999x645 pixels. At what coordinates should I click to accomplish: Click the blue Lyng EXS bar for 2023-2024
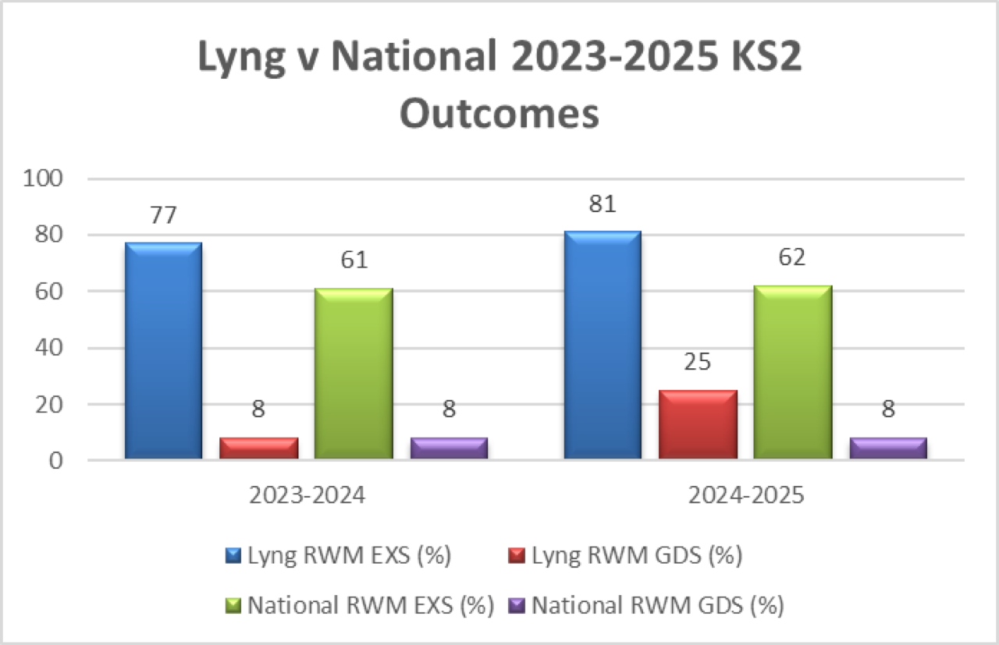163,351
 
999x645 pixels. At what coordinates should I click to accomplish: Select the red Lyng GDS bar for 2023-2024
258,448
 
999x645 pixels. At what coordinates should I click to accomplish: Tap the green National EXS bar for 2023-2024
354,374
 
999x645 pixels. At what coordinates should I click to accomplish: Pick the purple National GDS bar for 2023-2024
449,448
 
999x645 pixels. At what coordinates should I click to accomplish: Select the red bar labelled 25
698,424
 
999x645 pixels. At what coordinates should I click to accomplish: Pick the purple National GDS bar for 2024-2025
888,448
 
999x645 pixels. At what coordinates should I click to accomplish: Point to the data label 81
602,204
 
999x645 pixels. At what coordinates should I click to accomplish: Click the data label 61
353,260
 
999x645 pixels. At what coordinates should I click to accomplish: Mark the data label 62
792,257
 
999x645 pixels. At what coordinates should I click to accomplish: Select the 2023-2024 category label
306,496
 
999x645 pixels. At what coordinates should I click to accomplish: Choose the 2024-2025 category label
745,496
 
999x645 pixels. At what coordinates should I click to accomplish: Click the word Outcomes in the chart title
499,114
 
